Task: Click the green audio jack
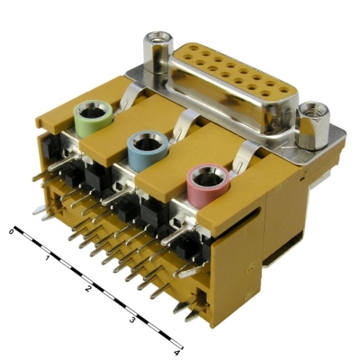click(93, 119)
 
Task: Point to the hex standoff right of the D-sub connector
click(313, 125)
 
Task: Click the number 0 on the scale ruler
click(12, 231)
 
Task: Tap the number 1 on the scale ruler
click(47, 258)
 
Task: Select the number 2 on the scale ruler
click(88, 289)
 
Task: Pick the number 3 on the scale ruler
click(132, 320)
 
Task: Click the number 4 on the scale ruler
click(177, 353)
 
